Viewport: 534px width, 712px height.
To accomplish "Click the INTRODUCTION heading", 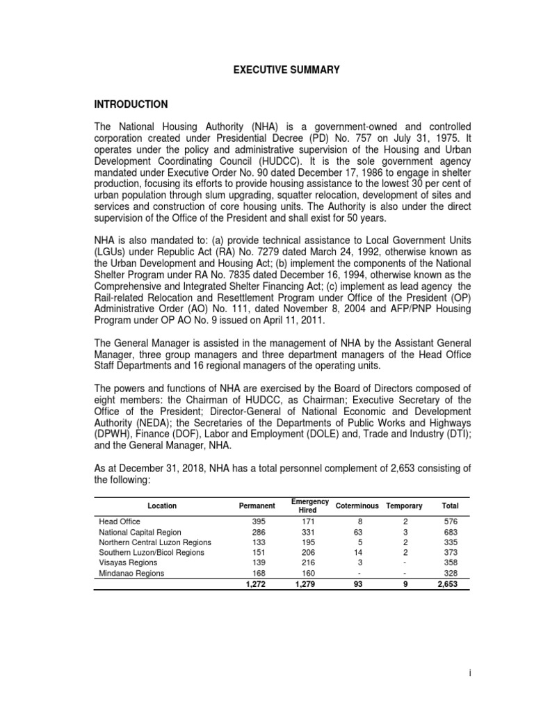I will coord(131,104).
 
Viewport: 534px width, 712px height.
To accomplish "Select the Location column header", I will coord(161,505).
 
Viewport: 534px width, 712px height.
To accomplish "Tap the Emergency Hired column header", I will coord(305,505).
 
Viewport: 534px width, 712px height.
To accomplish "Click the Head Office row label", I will coord(120,521).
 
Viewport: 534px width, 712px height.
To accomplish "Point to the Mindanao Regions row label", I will coord(131,574).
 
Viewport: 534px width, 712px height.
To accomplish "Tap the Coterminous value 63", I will coord(359,532).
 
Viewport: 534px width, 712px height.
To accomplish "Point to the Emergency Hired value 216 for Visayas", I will coord(305,563).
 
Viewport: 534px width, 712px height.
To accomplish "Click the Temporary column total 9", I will coord(405,585).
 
